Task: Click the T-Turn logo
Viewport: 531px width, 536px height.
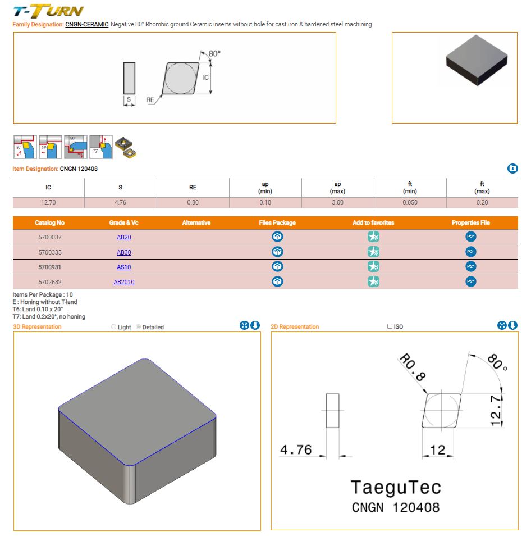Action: [48, 11]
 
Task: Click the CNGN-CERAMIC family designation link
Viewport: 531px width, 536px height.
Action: [86, 24]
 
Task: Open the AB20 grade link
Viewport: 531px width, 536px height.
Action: [123, 237]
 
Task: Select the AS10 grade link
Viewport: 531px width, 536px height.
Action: [123, 267]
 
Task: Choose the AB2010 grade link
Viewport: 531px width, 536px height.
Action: [123, 282]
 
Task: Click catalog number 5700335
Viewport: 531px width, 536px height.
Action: [49, 252]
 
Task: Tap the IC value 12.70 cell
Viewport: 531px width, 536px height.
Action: [48, 202]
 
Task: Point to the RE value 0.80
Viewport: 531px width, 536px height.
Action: [193, 202]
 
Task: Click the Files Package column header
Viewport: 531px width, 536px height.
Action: [277, 223]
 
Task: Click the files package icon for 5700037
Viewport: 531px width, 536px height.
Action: [277, 237]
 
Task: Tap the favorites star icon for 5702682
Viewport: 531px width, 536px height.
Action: [373, 281]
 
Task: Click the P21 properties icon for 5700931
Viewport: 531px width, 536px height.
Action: [470, 266]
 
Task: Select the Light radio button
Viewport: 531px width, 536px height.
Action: [114, 327]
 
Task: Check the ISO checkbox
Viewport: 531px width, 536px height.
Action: [390, 326]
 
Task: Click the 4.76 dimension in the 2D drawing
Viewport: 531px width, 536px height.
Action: [295, 449]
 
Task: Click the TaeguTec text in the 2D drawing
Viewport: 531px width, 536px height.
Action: [395, 487]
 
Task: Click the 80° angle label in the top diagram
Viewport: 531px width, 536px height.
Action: [214, 53]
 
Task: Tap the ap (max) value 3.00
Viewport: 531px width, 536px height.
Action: [337, 202]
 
